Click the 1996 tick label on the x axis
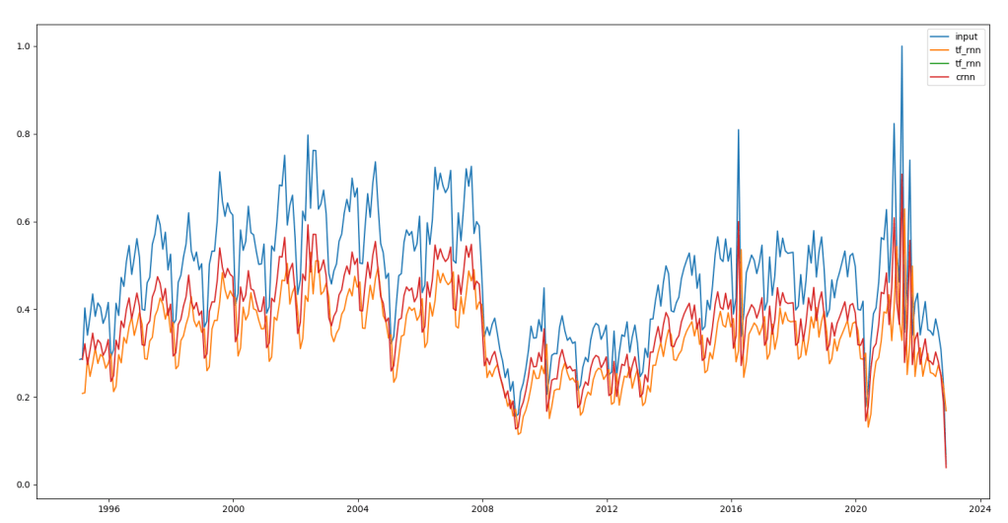pos(108,509)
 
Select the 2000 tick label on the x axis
pos(233,509)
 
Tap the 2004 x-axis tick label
pos(357,509)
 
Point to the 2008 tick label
pos(481,509)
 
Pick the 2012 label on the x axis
pos(607,509)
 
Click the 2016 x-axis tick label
pos(731,509)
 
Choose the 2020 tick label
pos(855,509)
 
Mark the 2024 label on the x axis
pos(979,509)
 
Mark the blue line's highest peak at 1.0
pos(901,46)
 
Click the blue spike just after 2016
pos(738,130)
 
